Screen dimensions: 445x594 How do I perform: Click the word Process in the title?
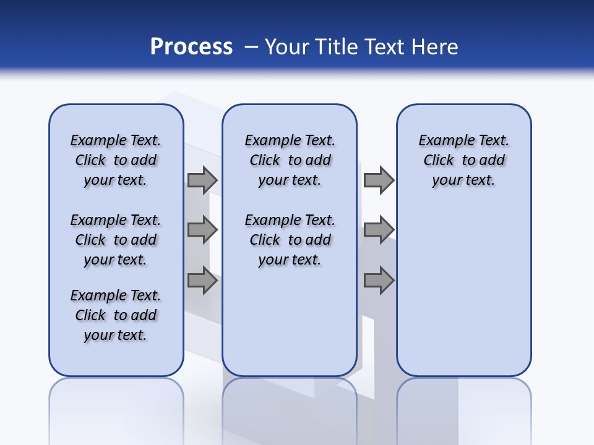[x=191, y=46]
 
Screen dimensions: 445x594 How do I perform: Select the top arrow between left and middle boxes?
[x=202, y=180]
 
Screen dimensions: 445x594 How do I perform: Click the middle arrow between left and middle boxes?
[x=202, y=231]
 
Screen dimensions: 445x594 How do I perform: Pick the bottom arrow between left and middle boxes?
[x=202, y=281]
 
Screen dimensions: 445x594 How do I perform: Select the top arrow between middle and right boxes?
[x=379, y=180]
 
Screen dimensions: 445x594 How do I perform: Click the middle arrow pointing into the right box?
[x=379, y=230]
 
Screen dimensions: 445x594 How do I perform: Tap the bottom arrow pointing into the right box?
[x=379, y=281]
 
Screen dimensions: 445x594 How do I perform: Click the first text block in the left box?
[x=116, y=160]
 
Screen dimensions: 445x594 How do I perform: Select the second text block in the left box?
[x=116, y=240]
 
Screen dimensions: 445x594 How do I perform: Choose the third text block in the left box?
[x=116, y=315]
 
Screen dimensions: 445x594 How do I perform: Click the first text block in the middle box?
[x=290, y=160]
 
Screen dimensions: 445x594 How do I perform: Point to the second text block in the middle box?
[x=290, y=240]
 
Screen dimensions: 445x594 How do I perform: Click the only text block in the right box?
[x=463, y=160]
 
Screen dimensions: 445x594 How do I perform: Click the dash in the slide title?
[x=251, y=47]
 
